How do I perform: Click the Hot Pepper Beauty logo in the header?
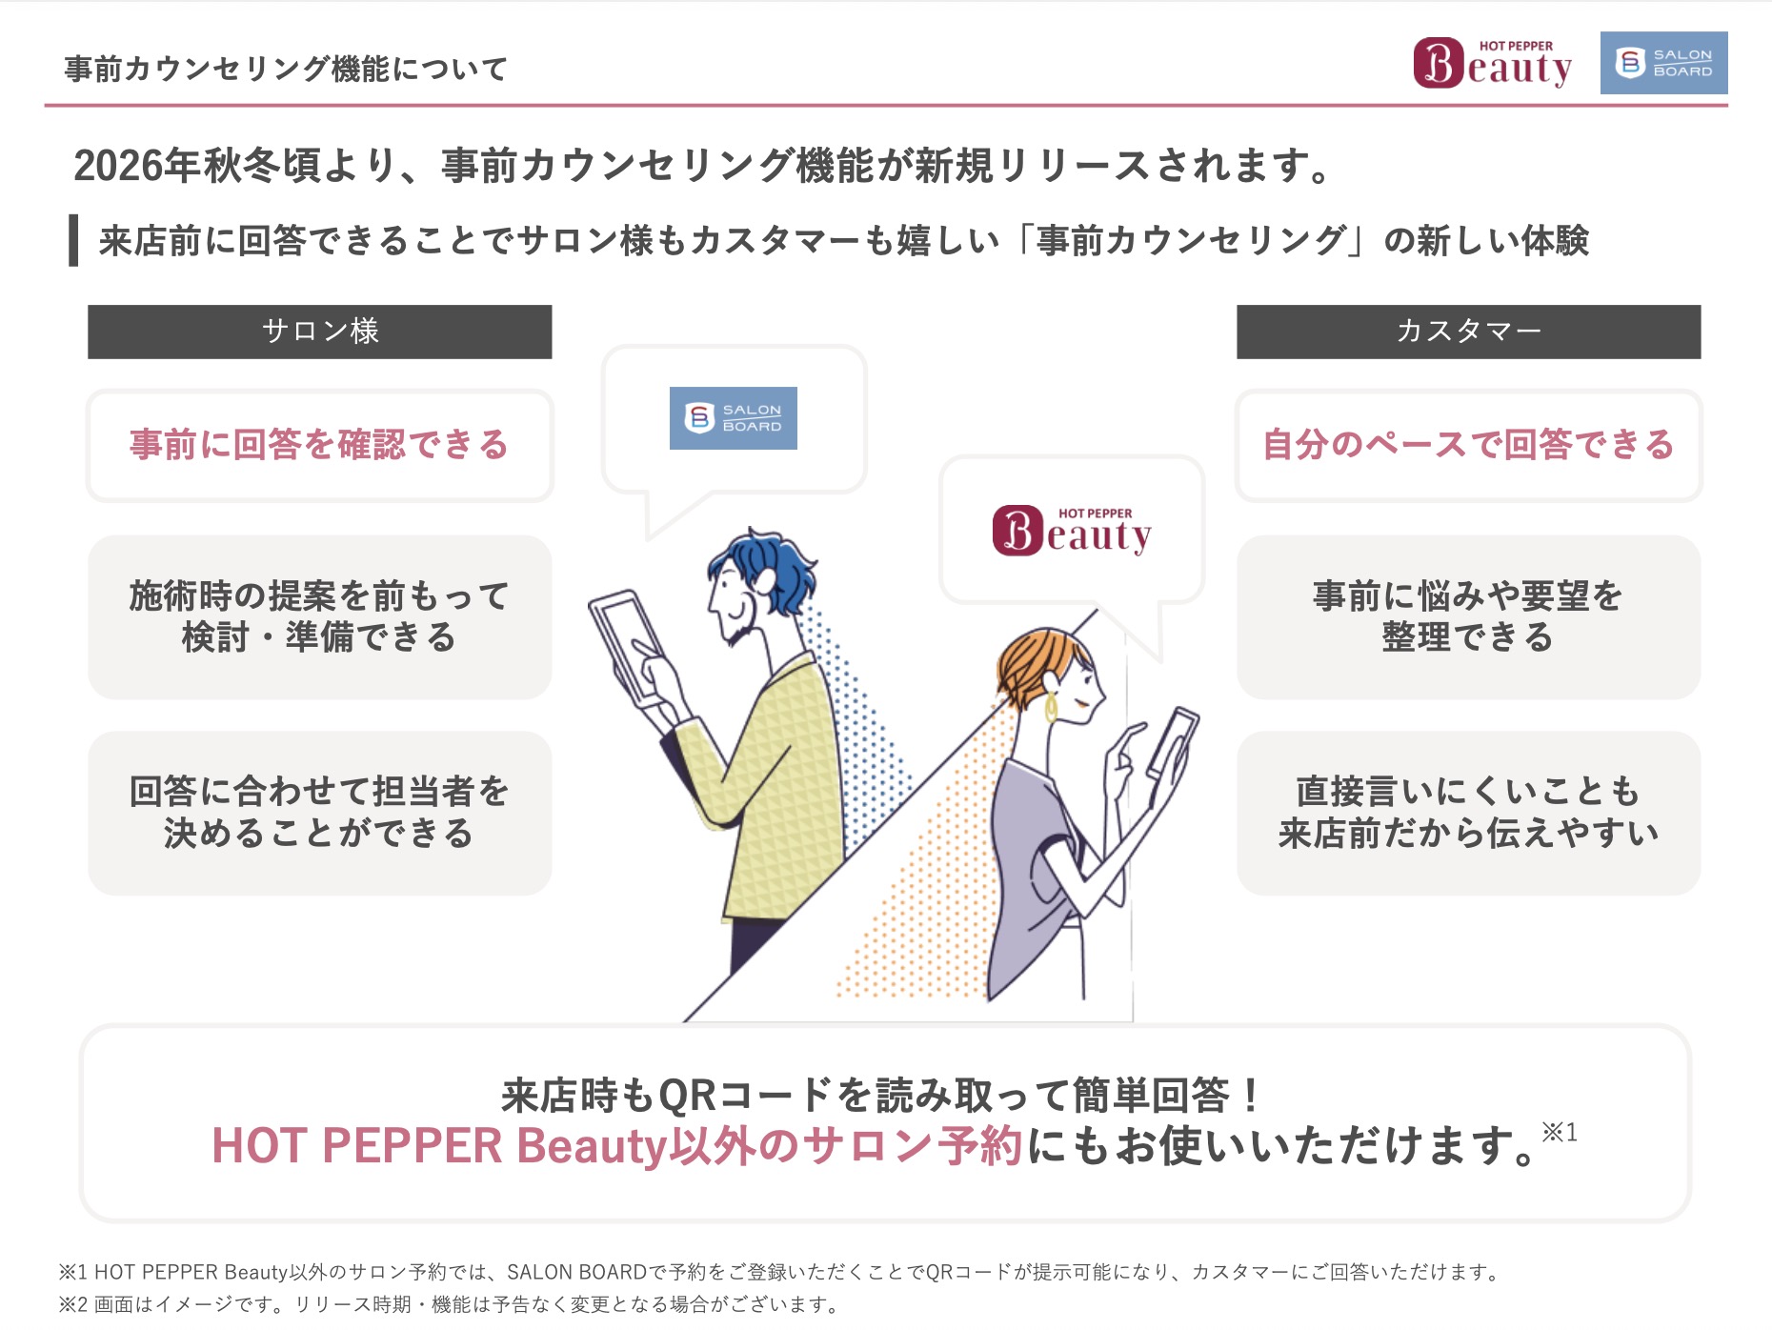pyautogui.click(x=1492, y=63)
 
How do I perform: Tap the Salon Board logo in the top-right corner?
pyautogui.click(x=1663, y=63)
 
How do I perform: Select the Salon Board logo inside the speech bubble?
pyautogui.click(x=733, y=417)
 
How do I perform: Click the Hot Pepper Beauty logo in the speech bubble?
pyautogui.click(x=1072, y=531)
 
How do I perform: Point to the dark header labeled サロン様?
pyautogui.click(x=320, y=332)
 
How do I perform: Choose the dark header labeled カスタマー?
pyautogui.click(x=1468, y=332)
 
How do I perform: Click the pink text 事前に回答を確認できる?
pyautogui.click(x=319, y=445)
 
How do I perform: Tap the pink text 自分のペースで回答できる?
pyautogui.click(x=1468, y=445)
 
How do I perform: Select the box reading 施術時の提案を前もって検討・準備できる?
pyautogui.click(x=320, y=617)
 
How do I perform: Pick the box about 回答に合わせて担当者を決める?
pyautogui.click(x=320, y=813)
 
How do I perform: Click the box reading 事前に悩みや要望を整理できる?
pyautogui.click(x=1468, y=617)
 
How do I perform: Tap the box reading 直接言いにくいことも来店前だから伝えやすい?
pyautogui.click(x=1468, y=813)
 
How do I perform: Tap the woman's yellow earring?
pyautogui.click(x=1051, y=706)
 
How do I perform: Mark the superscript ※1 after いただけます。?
pyautogui.click(x=1560, y=1132)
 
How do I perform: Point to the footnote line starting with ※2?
pyautogui.click(x=448, y=1304)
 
